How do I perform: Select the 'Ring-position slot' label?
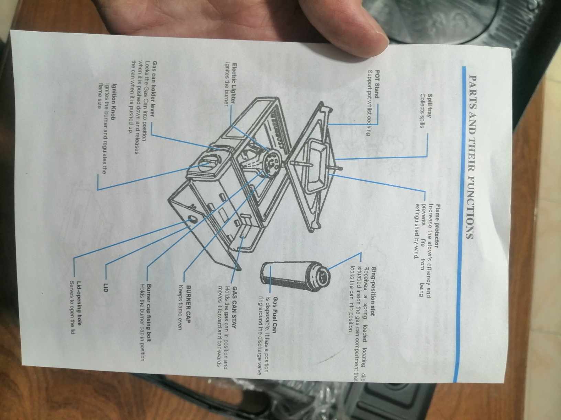(374, 291)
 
